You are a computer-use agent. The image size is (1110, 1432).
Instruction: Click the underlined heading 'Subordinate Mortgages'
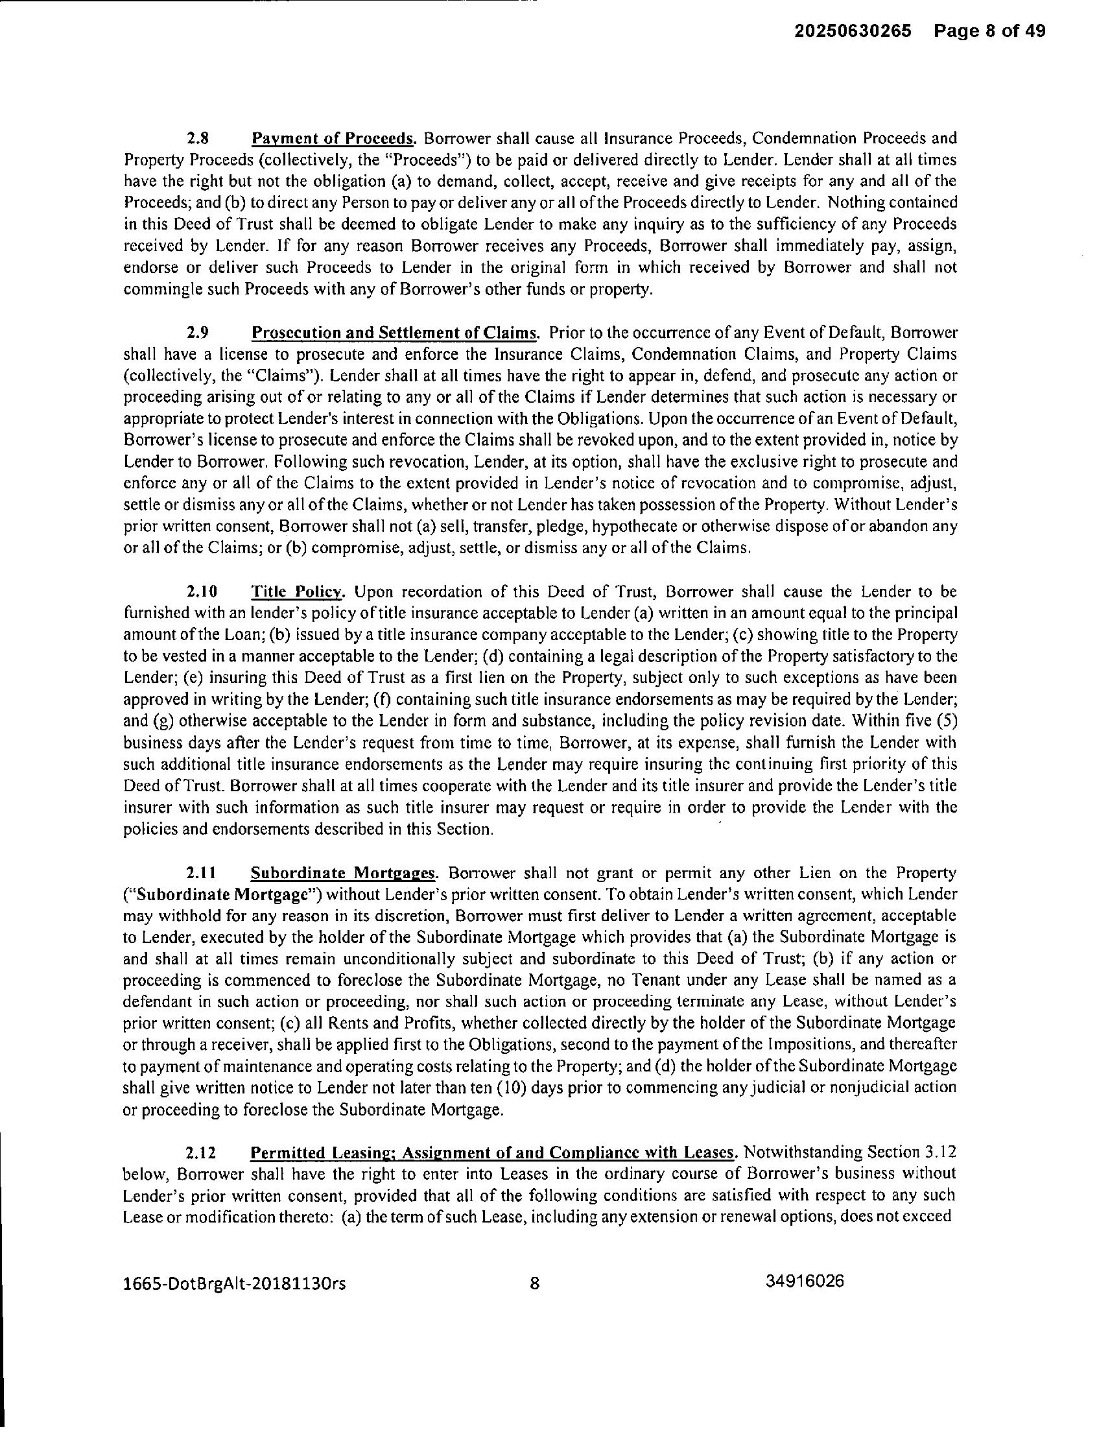coord(344,874)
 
